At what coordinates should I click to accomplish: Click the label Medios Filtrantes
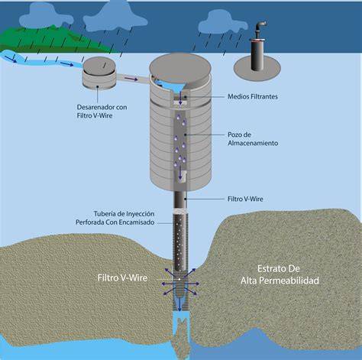click(253, 96)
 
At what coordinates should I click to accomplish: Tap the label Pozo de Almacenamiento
click(253, 139)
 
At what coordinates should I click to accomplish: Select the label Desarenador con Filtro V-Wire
click(102, 112)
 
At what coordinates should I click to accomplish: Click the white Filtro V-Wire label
click(122, 277)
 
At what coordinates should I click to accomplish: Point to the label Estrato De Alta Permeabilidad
click(280, 274)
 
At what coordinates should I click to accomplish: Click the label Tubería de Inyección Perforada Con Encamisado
click(115, 218)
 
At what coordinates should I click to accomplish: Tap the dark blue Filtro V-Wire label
click(245, 199)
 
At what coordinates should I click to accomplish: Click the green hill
click(55, 38)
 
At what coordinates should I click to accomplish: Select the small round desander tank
click(99, 73)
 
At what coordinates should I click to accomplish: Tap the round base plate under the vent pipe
click(257, 69)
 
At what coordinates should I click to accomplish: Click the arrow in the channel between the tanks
click(131, 79)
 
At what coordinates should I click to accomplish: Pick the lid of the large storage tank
click(180, 70)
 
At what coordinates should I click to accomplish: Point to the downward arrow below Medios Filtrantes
click(180, 98)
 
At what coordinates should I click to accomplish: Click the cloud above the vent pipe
click(223, 22)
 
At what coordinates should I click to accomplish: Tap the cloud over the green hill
click(47, 16)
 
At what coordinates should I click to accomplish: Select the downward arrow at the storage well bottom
click(180, 172)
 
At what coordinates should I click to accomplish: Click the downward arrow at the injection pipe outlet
click(179, 304)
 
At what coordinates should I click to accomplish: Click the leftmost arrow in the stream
click(11, 60)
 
